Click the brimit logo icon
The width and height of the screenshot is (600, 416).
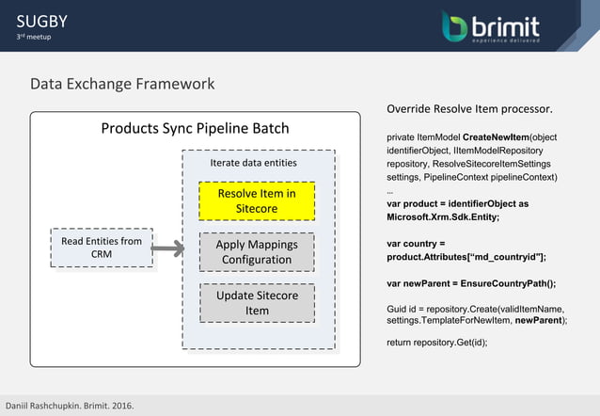pos(455,26)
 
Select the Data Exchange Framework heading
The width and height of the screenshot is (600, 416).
pos(122,84)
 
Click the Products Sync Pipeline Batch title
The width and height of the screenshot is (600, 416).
pos(195,128)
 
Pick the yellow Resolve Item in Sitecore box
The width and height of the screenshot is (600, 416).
pos(256,200)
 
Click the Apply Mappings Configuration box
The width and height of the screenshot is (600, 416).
pos(256,251)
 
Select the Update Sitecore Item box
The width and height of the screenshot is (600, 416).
pos(256,302)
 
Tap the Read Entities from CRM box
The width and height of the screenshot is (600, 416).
pos(102,248)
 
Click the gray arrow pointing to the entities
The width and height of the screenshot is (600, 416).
pos(167,248)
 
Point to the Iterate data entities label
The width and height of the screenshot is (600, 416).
pos(253,162)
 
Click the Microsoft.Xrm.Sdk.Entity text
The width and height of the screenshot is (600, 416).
pos(443,216)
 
